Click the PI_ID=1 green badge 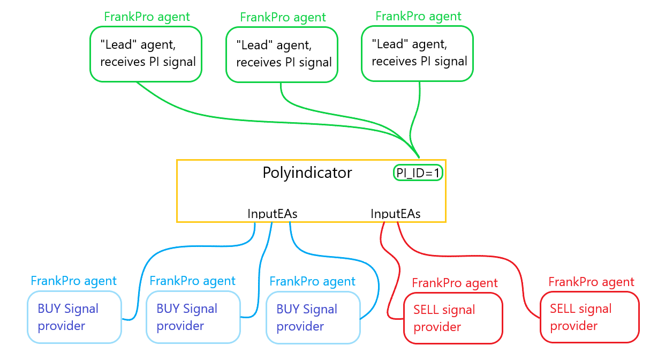coord(418,172)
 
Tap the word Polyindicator coord(307,172)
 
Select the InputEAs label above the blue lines coord(272,214)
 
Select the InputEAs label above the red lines coord(396,214)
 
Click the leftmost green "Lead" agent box coord(145,54)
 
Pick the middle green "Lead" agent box coord(282,55)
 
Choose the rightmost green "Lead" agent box coord(418,54)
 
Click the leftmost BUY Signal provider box coord(74,317)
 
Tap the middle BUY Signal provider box coord(193,317)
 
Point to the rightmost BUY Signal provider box coord(313,318)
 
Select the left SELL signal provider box coord(453,318)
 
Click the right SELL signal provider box coord(590,317)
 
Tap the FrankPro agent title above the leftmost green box coord(146,17)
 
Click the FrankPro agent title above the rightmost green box coord(418,16)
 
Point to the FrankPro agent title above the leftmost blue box coord(73,281)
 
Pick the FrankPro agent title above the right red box coord(591,282)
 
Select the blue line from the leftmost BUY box coord(140,279)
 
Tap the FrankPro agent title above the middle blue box coord(192,281)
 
